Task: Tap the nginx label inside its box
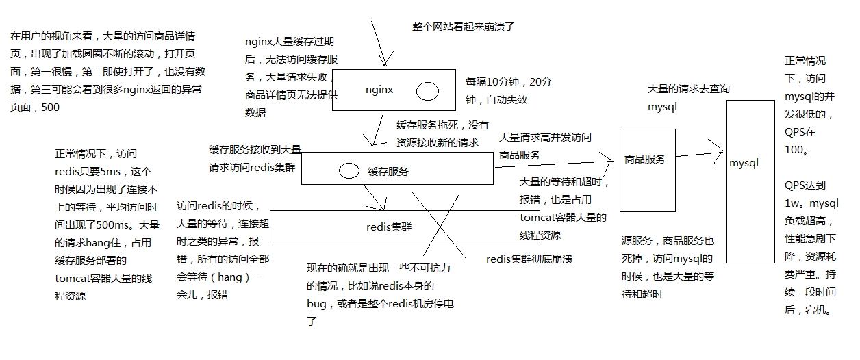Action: (379, 89)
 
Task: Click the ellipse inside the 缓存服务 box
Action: (349, 170)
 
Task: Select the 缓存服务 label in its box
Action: (388, 172)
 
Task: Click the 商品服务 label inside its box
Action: (645, 159)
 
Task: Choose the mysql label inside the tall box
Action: (744, 163)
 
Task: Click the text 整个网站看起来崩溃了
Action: (463, 27)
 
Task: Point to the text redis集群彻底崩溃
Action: (529, 259)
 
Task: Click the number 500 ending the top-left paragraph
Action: (50, 107)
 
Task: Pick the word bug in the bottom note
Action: (316, 304)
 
